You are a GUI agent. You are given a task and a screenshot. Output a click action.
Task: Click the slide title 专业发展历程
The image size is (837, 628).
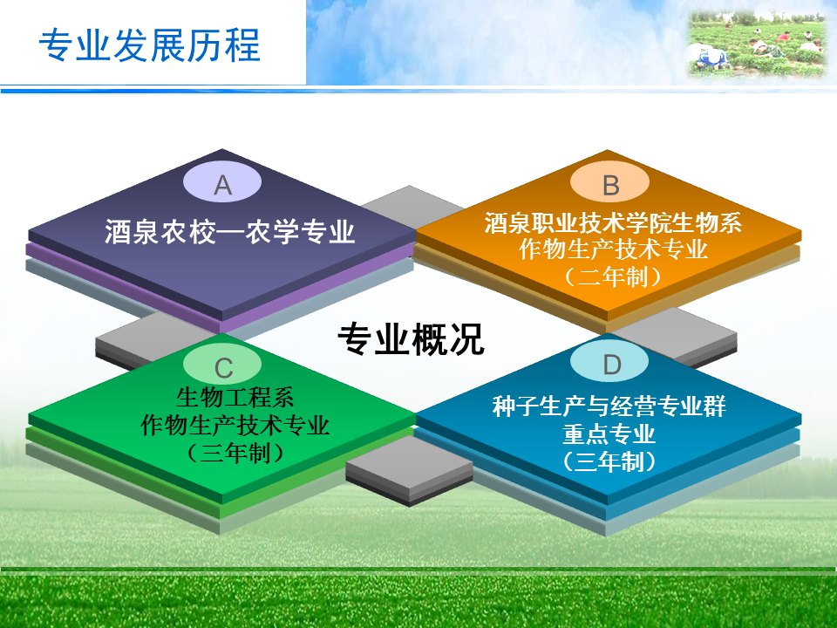149,44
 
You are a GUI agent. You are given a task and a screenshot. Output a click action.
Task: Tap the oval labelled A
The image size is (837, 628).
222,182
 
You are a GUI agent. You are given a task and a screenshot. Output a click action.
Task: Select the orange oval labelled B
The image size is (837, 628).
609,182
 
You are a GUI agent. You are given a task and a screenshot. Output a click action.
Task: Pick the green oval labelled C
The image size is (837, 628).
222,365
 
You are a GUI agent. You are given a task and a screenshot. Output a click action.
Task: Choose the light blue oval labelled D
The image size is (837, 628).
609,363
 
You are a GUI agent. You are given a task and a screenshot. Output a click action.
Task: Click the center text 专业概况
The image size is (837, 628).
411,339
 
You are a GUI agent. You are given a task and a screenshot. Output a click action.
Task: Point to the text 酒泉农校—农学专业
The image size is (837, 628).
229,232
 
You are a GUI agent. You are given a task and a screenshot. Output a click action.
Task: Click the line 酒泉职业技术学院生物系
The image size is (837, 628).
613,222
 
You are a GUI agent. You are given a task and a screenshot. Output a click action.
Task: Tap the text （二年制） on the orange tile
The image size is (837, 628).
613,276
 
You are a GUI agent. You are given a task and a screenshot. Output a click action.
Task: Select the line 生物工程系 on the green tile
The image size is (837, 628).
235,398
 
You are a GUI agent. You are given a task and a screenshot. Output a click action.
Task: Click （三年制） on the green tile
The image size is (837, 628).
235,454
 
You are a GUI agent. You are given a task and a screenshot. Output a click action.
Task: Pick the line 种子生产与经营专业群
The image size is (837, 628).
609,406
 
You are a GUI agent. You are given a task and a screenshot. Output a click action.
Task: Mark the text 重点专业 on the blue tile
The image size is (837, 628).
609,433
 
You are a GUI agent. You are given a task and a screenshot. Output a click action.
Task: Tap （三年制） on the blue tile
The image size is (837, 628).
609,461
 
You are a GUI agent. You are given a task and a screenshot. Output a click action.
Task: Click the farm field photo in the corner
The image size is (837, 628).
757,45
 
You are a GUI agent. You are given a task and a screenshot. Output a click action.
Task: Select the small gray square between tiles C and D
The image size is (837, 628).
410,470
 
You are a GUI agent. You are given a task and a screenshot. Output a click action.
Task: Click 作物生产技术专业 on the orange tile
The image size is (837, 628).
613,249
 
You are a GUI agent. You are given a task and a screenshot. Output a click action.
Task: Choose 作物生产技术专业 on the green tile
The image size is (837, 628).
235,425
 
